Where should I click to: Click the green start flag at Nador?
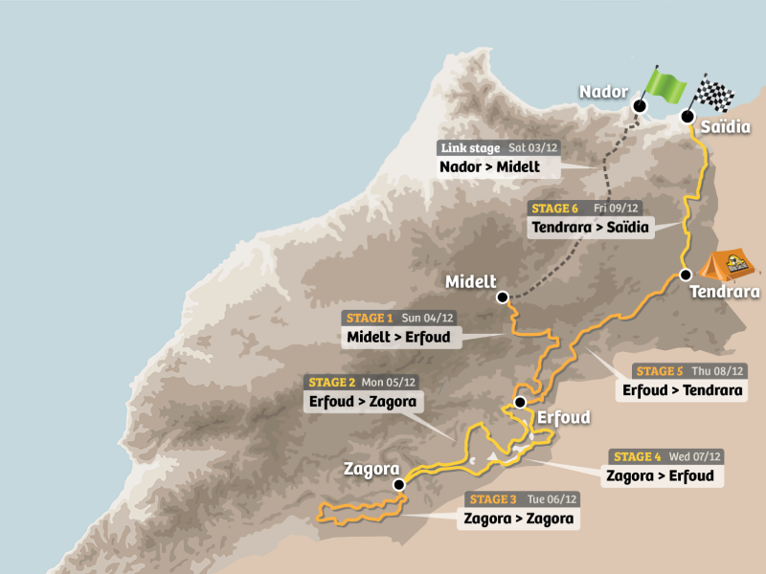tap(665, 85)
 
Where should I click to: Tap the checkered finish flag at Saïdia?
tap(714, 94)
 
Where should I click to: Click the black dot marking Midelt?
tap(502, 298)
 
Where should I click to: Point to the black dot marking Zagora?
tap(398, 485)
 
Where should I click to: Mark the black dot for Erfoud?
tap(520, 403)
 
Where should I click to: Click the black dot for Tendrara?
tap(686, 275)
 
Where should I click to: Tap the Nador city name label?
tap(602, 92)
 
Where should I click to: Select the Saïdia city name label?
tap(725, 126)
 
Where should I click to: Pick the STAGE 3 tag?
tap(493, 499)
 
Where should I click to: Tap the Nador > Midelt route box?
tap(489, 167)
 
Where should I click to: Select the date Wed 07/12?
tap(698, 456)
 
